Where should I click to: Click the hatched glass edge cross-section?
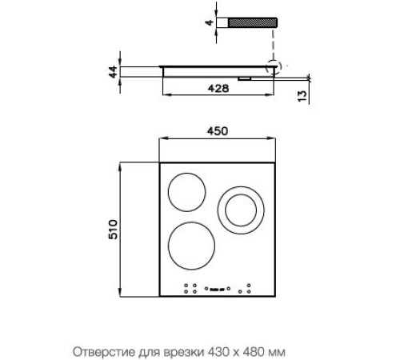pos(253,23)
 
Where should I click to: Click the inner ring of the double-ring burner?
pos(241,210)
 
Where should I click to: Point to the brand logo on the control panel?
pos(218,289)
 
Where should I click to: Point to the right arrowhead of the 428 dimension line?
pos(274,96)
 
